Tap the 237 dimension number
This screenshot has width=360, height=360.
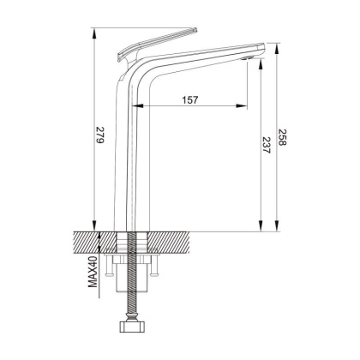[x=267, y=146]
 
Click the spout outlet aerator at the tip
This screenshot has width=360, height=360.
[x=249, y=58]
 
